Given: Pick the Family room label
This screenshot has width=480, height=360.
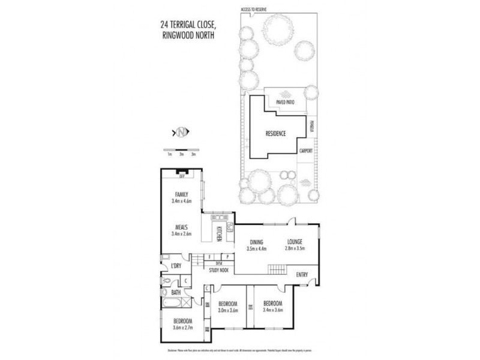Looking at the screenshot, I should pyautogui.click(x=181, y=194).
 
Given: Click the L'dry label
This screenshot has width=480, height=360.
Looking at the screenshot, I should pyautogui.click(x=175, y=265).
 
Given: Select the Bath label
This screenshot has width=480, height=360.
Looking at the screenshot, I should pyautogui.click(x=175, y=293).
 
